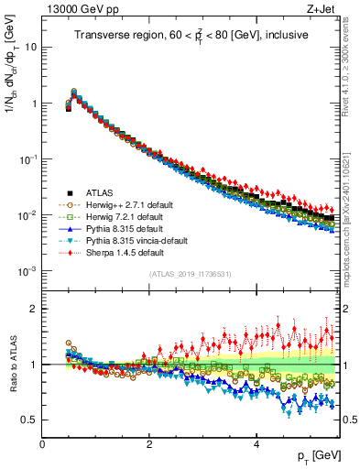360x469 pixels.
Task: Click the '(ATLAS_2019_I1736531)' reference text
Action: click(190, 274)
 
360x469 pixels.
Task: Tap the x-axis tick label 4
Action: click(256, 444)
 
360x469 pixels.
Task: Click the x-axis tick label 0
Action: click(42, 444)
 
